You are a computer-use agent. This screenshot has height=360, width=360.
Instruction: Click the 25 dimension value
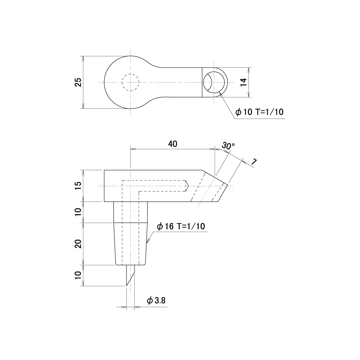click(x=79, y=82)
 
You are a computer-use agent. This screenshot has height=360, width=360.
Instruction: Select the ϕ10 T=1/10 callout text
click(x=260, y=112)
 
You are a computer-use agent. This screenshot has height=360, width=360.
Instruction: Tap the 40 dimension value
click(x=173, y=144)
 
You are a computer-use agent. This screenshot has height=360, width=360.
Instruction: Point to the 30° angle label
click(x=228, y=146)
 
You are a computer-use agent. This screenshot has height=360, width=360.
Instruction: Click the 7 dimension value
click(x=253, y=162)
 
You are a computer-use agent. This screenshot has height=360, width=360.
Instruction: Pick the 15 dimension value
click(x=78, y=185)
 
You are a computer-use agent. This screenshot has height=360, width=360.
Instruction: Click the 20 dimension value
click(x=78, y=244)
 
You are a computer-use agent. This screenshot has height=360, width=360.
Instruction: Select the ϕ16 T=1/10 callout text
click(x=181, y=227)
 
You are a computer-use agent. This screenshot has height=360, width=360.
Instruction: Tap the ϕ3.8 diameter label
click(x=157, y=301)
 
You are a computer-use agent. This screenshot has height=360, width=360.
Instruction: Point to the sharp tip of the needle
click(x=127, y=286)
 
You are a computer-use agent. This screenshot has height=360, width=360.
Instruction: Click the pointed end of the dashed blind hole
click(x=188, y=186)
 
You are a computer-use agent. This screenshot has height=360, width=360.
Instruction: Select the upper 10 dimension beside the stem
click(x=78, y=212)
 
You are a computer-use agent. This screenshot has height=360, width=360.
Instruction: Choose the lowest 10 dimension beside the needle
click(x=78, y=275)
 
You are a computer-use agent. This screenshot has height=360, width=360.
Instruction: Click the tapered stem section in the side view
click(x=130, y=244)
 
